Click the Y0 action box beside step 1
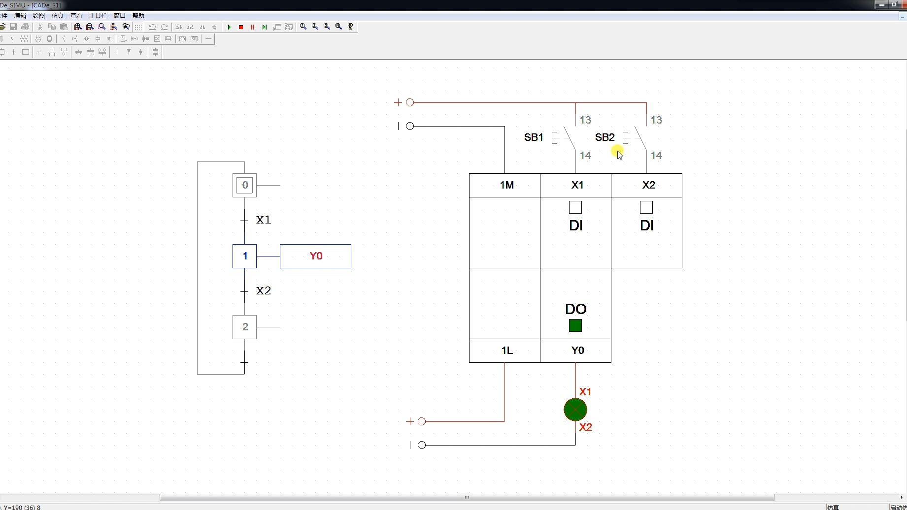(315, 256)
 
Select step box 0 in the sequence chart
(245, 186)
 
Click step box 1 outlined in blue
(245, 256)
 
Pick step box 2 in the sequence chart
(245, 327)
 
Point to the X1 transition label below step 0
(264, 220)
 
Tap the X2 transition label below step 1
(264, 290)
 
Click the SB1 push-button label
(534, 137)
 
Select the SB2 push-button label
(605, 137)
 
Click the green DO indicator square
(575, 325)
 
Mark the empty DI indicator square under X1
(575, 207)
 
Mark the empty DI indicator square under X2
(646, 207)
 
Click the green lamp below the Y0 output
(575, 410)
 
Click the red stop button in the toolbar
(241, 27)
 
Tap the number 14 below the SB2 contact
(656, 156)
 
